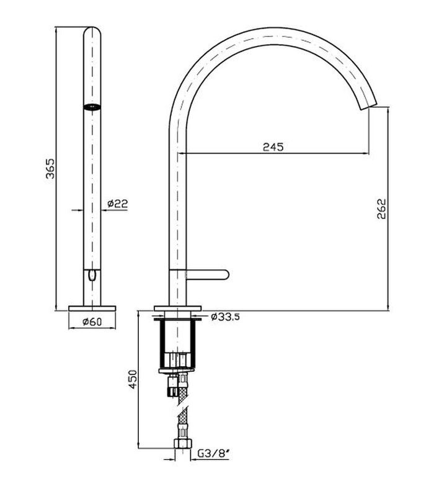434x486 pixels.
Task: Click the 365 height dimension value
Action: [x=50, y=169]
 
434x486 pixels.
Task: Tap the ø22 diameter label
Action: [x=118, y=204]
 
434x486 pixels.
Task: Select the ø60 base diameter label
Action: [x=92, y=322]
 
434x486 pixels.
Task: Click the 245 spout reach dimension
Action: [x=273, y=146]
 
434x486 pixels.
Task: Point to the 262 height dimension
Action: [x=381, y=209]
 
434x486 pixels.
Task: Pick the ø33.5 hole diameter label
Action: [x=225, y=317]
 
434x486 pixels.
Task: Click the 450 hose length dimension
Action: [x=133, y=379]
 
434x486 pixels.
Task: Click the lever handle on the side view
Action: [x=208, y=274]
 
